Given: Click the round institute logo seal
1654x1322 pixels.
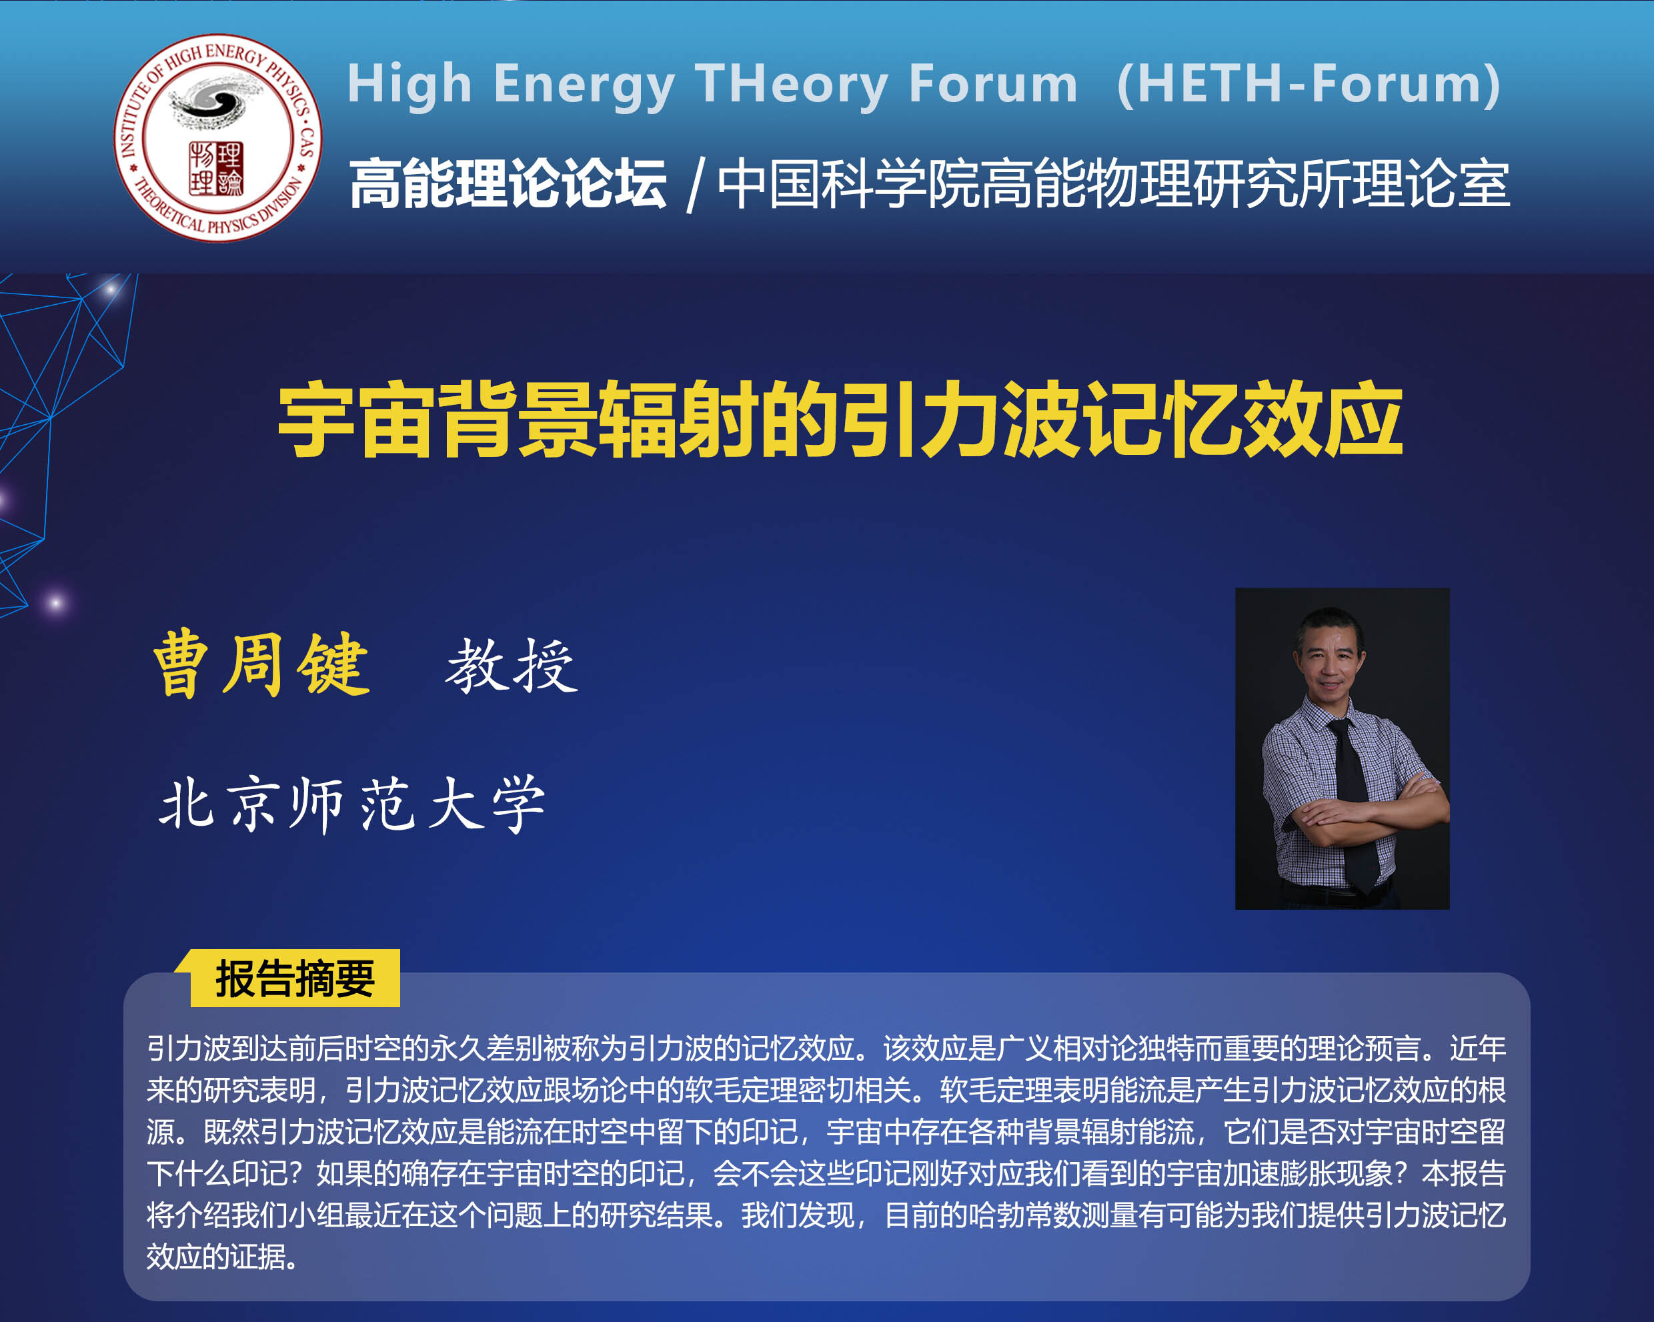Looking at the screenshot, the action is click(x=218, y=138).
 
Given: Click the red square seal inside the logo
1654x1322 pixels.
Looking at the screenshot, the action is click(x=215, y=168).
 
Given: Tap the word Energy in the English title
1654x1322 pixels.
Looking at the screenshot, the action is click(x=584, y=85).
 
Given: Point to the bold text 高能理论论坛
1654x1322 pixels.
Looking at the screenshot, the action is click(x=507, y=183).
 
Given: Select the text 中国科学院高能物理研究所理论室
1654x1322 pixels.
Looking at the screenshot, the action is click(x=1113, y=183).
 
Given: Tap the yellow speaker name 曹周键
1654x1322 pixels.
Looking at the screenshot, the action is click(x=261, y=664).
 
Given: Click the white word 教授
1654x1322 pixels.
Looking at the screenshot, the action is click(x=512, y=666).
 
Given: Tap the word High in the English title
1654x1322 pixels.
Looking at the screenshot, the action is click(x=409, y=85).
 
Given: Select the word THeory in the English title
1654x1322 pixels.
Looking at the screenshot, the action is click(x=791, y=85).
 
